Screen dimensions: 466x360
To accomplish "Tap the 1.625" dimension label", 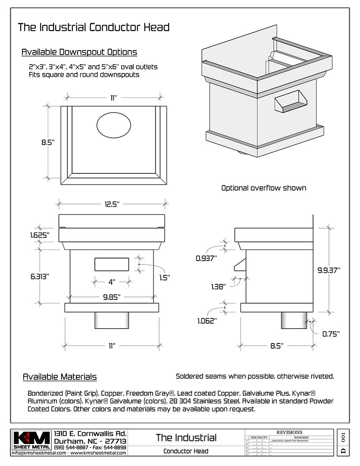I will tap(40, 236).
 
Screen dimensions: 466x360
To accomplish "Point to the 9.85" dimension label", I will tap(111, 297).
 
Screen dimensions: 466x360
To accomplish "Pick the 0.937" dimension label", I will tap(206, 258).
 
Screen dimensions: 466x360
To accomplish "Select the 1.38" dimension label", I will tap(219, 286).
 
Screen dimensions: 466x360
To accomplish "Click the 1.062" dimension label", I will tap(207, 321).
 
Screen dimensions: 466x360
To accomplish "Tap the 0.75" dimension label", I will tap(331, 334).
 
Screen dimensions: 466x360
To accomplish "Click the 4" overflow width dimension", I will tap(112, 282).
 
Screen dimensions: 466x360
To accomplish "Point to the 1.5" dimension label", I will tap(163, 277).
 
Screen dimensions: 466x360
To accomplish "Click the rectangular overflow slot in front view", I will tap(112, 264).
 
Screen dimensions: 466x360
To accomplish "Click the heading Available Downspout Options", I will tap(79, 52).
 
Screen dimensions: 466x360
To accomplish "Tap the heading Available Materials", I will tap(59, 377).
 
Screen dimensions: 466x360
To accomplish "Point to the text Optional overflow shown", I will tap(263, 188).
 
